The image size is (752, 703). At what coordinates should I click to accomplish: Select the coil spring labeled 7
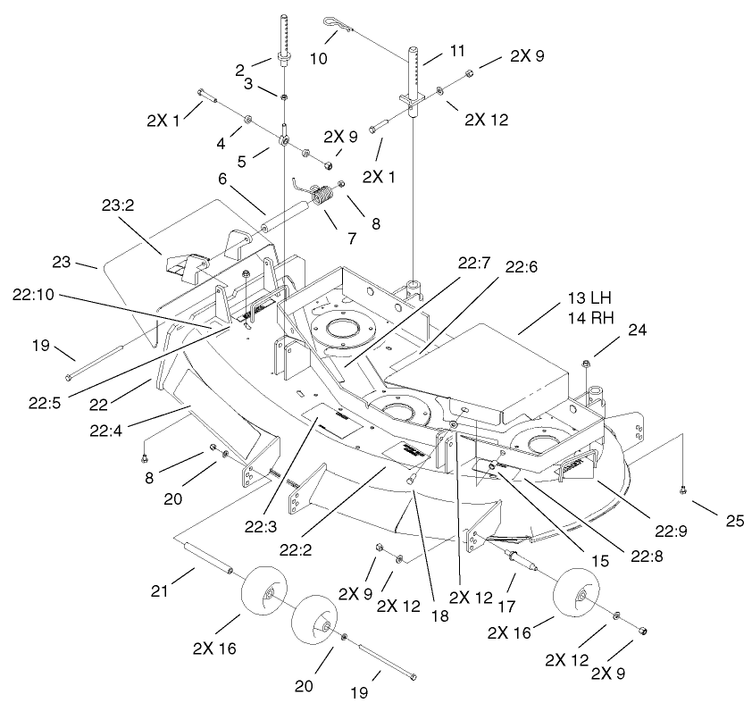(323, 194)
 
